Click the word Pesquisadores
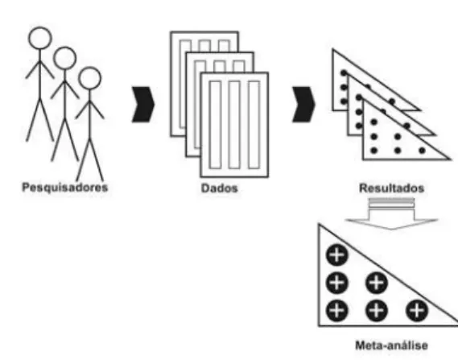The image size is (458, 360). tap(65, 188)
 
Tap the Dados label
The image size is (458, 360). tap(220, 188)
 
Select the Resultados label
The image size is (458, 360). tap(391, 188)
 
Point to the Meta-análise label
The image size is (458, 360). tap(391, 346)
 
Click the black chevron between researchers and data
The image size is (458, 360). tap(142, 105)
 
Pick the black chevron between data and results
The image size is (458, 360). tap(303, 105)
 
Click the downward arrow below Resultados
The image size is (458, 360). tap(391, 214)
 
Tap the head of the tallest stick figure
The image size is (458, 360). tap(40, 38)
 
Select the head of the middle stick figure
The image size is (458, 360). tap(65, 58)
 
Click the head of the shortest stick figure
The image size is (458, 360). tap(89, 78)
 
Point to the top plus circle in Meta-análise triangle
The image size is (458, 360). tap(337, 255)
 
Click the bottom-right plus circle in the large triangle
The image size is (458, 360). tap(417, 310)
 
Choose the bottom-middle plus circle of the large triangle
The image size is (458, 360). tap(377, 310)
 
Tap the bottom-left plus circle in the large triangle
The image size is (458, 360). tap(337, 310)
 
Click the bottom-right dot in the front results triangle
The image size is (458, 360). tap(422, 151)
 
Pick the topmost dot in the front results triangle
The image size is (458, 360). tap(373, 122)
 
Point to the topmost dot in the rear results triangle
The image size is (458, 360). tap(344, 72)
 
